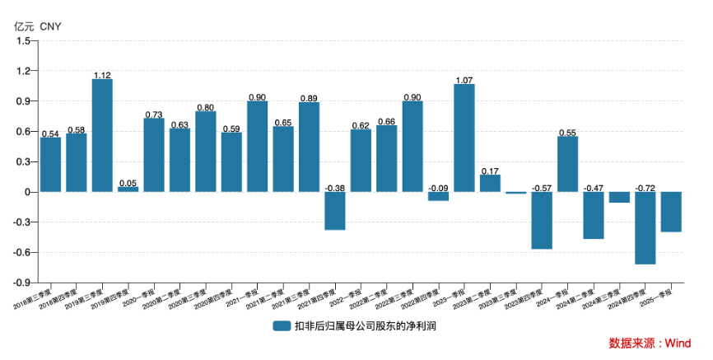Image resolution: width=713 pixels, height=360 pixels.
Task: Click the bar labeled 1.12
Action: tap(102, 135)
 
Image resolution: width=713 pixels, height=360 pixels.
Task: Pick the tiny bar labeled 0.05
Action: tap(128, 189)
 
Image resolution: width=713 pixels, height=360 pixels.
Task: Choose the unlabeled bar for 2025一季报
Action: tap(671, 212)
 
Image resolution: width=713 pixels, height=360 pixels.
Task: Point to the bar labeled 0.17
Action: tap(490, 183)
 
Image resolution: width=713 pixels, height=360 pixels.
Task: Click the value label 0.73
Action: tap(154, 115)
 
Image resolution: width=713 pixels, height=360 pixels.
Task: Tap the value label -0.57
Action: tap(542, 188)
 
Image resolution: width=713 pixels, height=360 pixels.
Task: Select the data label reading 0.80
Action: tap(206, 107)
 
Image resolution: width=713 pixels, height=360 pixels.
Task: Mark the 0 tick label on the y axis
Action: tap(27, 192)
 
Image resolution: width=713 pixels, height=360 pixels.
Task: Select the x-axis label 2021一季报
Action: tap(248, 298)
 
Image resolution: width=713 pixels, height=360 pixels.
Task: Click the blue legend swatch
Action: tap(282, 326)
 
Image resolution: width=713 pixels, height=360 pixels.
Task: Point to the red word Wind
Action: tap(678, 343)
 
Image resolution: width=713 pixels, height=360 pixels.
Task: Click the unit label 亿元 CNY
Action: tap(37, 26)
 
